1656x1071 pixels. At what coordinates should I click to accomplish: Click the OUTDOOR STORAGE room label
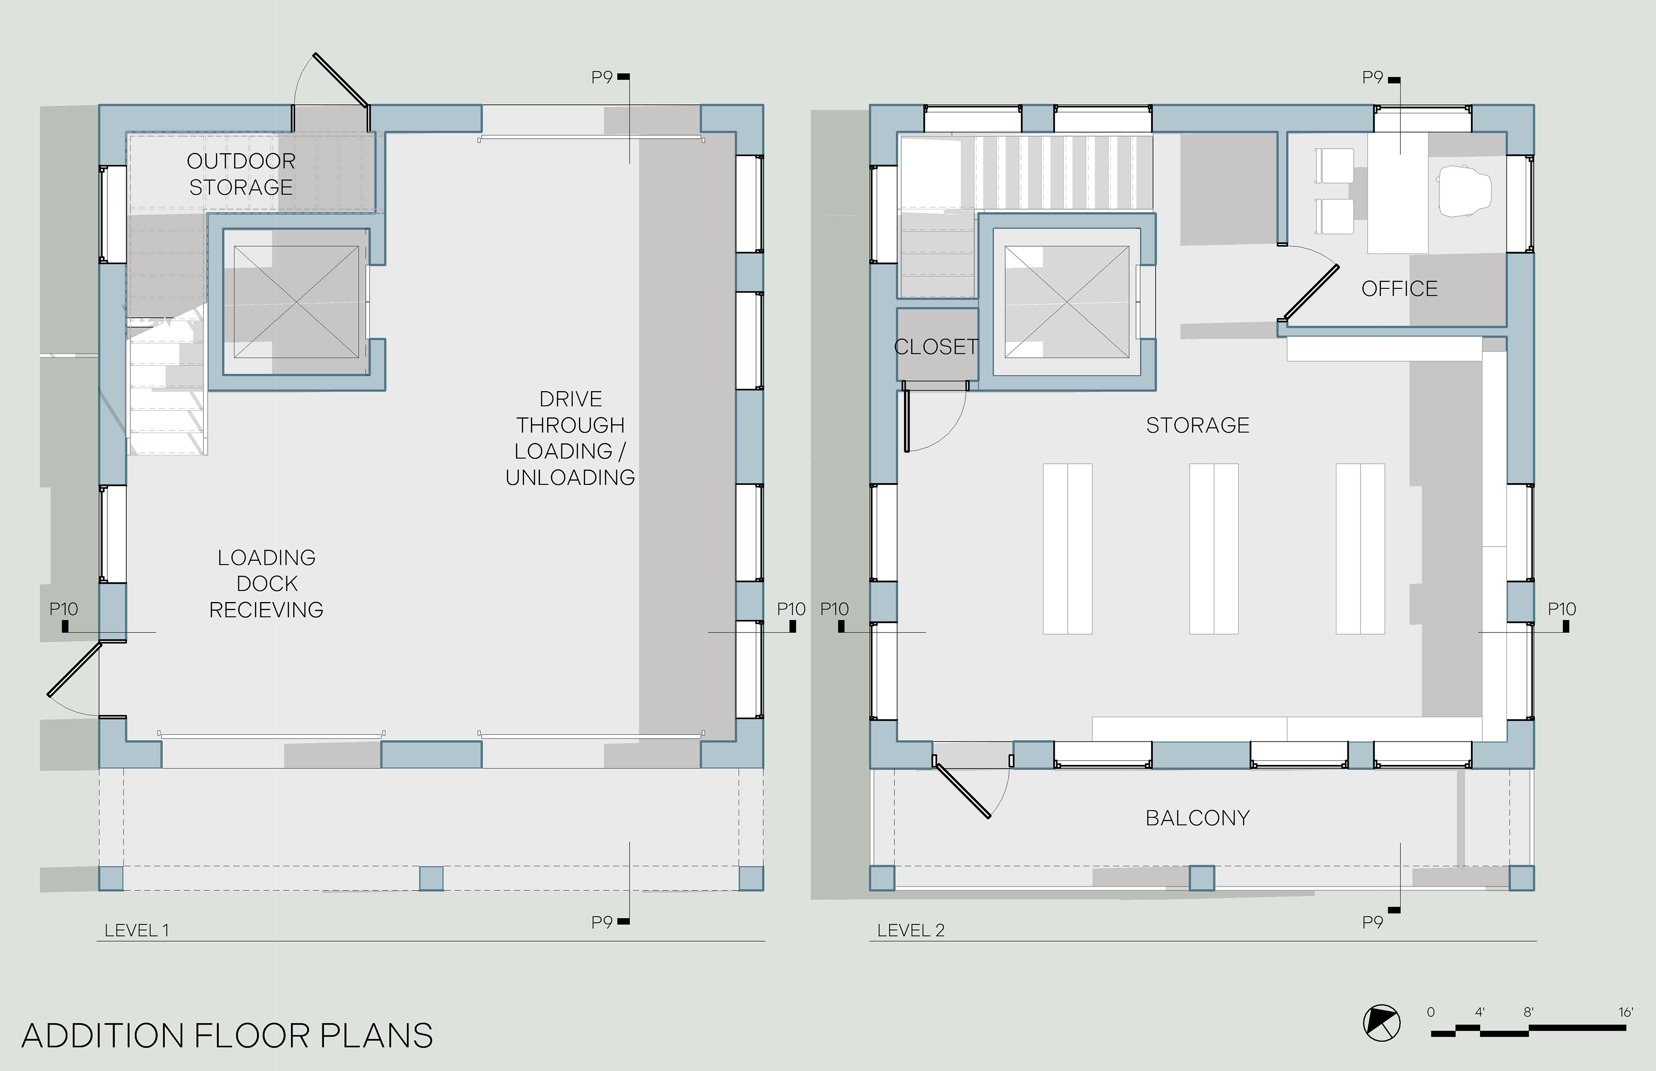[241, 174]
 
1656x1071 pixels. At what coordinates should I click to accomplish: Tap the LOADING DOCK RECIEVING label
[267, 584]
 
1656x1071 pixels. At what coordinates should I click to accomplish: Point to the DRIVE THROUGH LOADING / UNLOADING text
[571, 438]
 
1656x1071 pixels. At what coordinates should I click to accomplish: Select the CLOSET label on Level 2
[936, 347]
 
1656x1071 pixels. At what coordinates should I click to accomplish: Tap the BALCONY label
[1198, 818]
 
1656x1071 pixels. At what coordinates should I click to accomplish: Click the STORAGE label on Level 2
[1198, 425]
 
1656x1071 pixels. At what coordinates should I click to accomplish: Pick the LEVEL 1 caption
[136, 930]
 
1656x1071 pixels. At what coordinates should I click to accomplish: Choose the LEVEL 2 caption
[911, 930]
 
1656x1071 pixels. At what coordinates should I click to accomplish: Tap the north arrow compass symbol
[1382, 1023]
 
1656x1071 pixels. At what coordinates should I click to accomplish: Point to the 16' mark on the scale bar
[1625, 1012]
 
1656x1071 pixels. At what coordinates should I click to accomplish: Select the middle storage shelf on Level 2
[1214, 549]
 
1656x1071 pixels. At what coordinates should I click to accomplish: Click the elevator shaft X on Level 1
[296, 302]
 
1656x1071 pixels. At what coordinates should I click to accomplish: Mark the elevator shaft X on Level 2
[1066, 302]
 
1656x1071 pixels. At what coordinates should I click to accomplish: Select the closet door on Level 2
[906, 421]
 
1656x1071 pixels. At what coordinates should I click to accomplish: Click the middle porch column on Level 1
[431, 878]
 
